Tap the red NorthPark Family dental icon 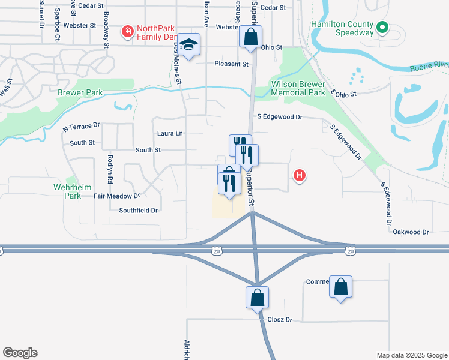(x=127, y=31)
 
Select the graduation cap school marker (x=189, y=46)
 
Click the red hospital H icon (x=300, y=176)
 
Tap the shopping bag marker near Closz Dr (x=257, y=297)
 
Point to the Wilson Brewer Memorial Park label (x=298, y=89)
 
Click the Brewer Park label (x=80, y=93)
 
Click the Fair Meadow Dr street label (x=116, y=196)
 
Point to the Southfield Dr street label (x=138, y=211)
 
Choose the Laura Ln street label (x=170, y=133)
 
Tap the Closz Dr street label (x=280, y=320)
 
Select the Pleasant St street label (x=231, y=64)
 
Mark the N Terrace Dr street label (x=81, y=127)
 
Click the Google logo (x=20, y=353)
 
